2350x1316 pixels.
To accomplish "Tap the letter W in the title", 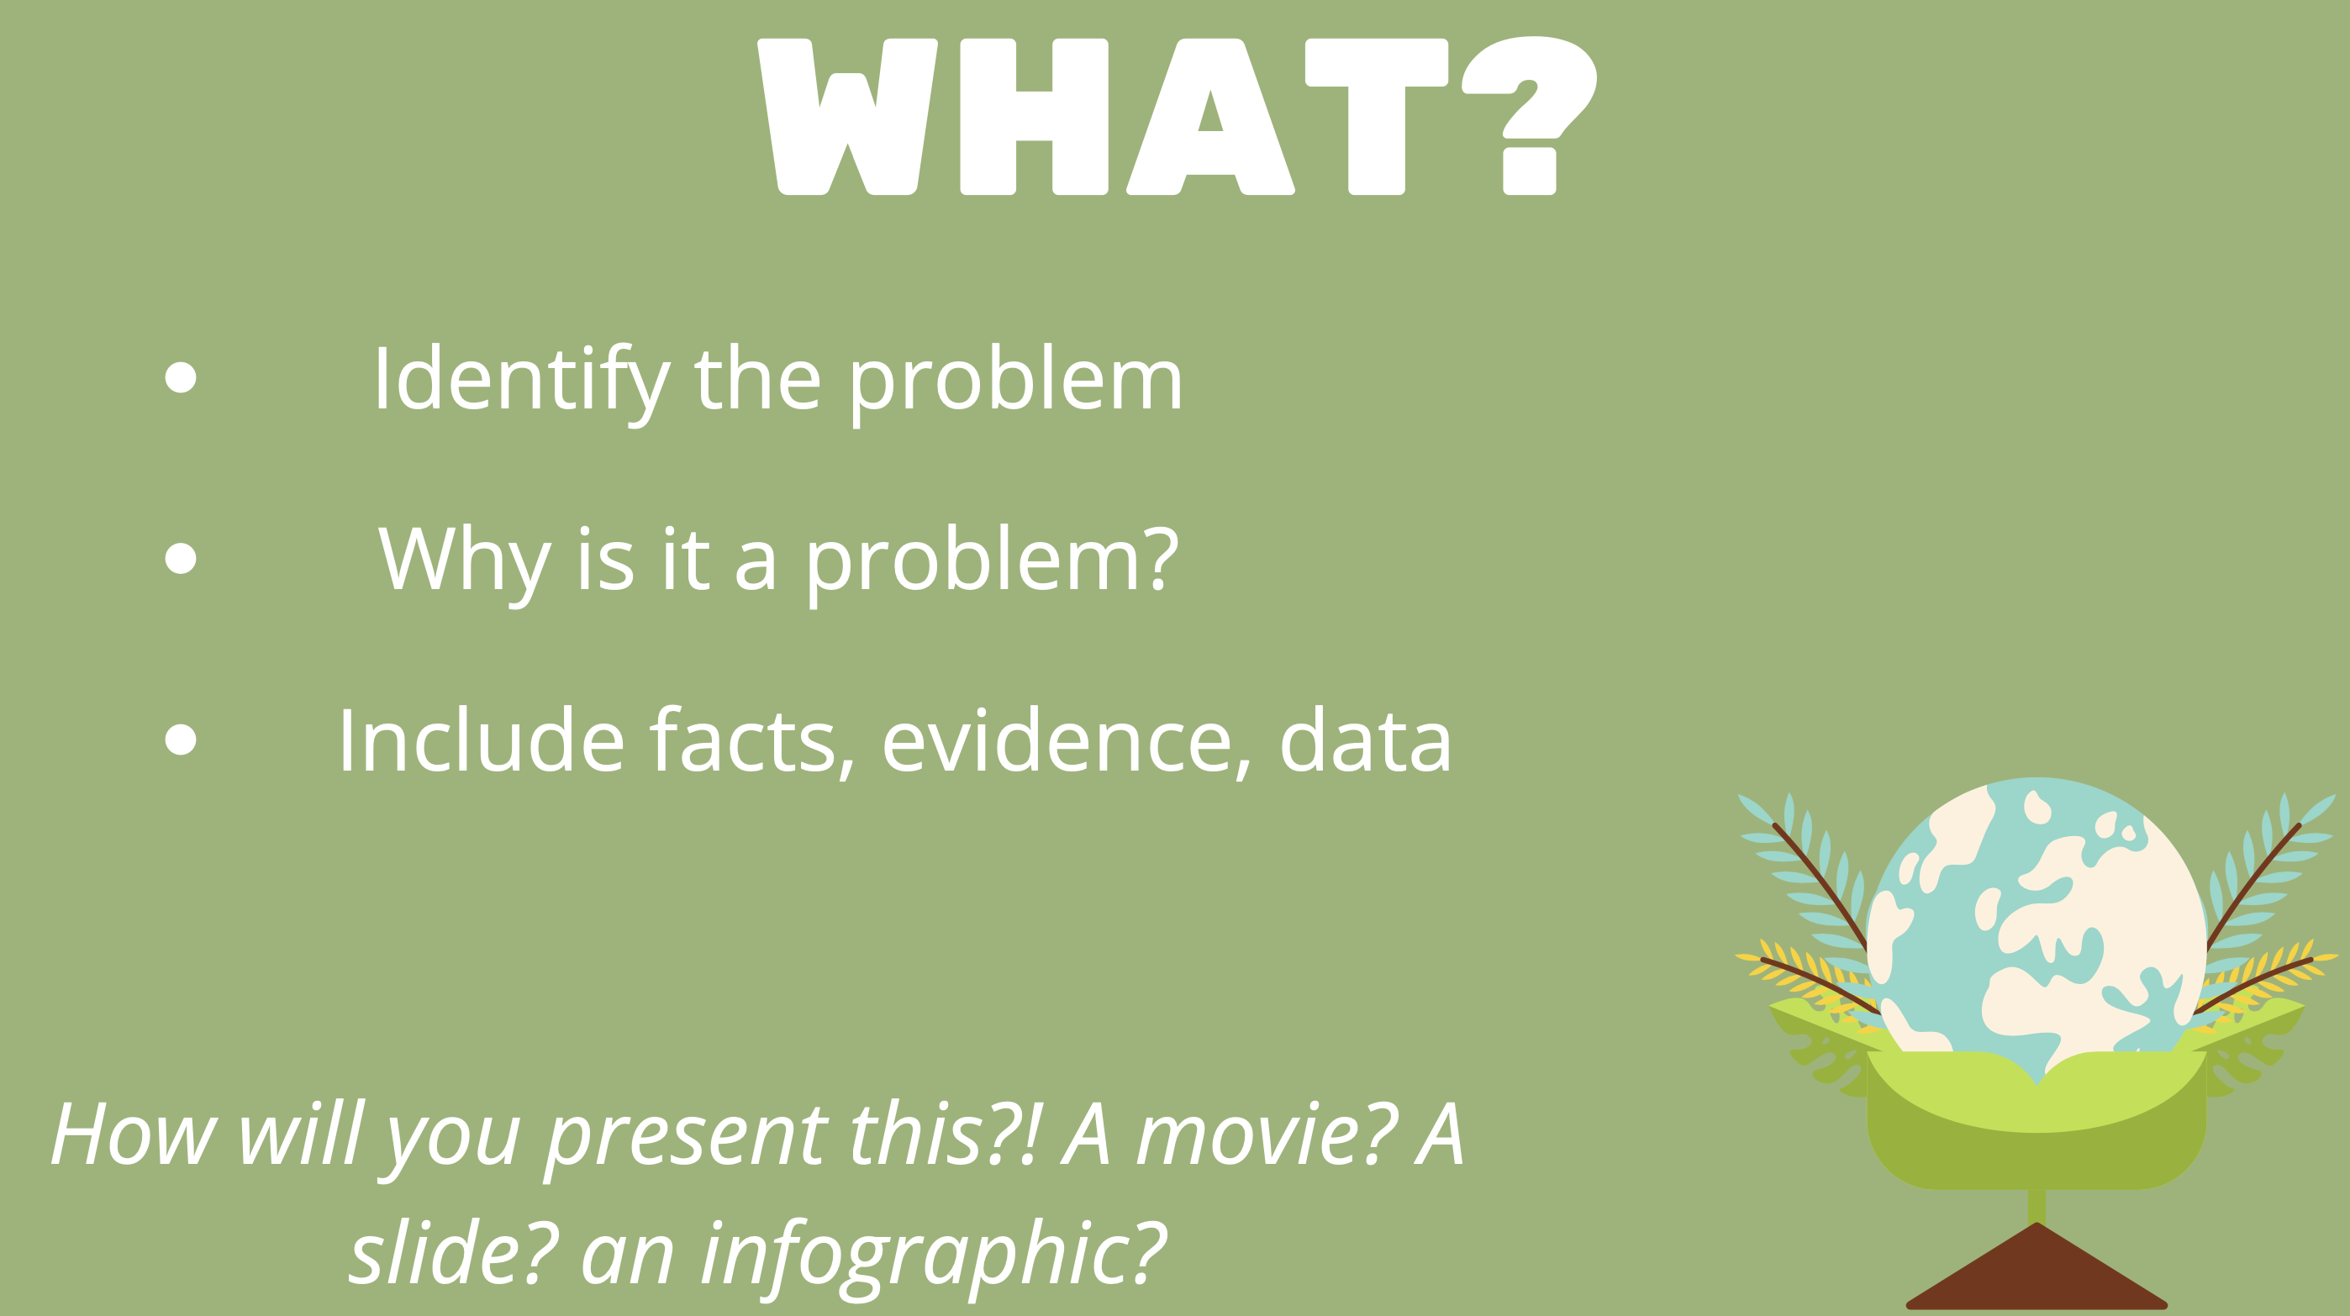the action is click(847, 117).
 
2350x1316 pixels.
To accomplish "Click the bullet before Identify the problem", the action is click(181, 377).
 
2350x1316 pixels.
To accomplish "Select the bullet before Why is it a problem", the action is click(181, 558).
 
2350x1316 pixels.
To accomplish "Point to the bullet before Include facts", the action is click(181, 739).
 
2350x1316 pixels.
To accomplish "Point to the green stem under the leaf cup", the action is click(2036, 1206).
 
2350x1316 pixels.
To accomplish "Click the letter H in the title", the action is click(1035, 117).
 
